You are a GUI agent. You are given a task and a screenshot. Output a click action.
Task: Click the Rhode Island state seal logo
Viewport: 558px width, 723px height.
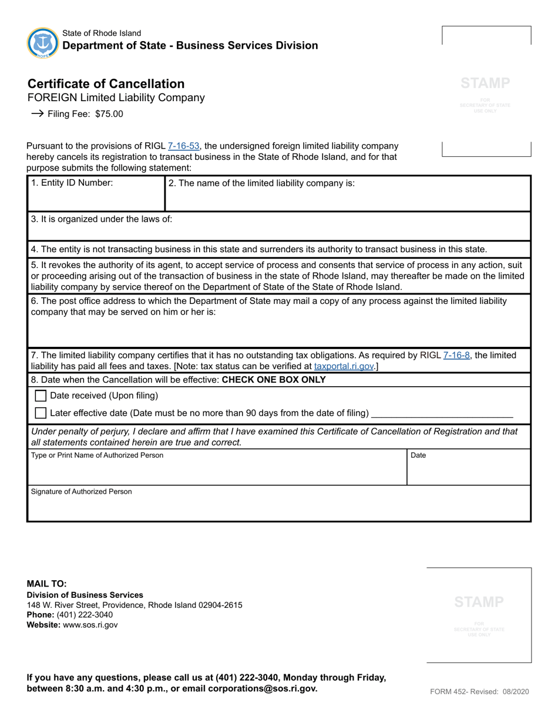pos(43,42)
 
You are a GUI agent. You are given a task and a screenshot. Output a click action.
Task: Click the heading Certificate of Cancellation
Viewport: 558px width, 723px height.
pos(106,83)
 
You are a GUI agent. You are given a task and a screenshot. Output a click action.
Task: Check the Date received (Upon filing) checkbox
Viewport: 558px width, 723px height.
pos(41,396)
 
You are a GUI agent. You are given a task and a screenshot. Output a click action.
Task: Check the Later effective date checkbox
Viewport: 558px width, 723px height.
pos(41,413)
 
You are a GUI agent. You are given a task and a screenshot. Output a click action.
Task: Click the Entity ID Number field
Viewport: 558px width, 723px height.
pos(96,197)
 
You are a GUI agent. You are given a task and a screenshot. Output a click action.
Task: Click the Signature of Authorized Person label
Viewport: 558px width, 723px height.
pos(81,491)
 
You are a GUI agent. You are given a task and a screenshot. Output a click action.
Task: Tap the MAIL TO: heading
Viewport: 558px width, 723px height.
pos(47,584)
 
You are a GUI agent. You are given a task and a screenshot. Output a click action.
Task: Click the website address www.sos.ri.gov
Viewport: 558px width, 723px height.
pos(90,625)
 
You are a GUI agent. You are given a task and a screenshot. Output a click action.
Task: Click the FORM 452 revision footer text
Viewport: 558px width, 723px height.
pos(479,692)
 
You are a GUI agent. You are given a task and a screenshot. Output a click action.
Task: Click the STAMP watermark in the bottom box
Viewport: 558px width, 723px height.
pos(479,601)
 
